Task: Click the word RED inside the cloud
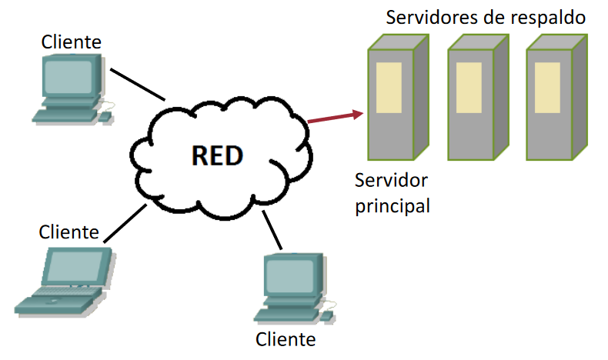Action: [216, 156]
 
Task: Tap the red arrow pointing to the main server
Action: [335, 116]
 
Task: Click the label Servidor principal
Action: [392, 194]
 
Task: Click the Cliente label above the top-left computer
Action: [71, 40]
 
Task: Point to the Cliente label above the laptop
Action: [68, 231]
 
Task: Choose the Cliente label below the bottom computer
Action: [286, 338]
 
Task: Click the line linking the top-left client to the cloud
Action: [139, 85]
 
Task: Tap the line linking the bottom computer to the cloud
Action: [272, 230]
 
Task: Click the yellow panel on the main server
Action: [389, 85]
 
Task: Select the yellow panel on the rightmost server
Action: [547, 85]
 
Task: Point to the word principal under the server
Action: [393, 207]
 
